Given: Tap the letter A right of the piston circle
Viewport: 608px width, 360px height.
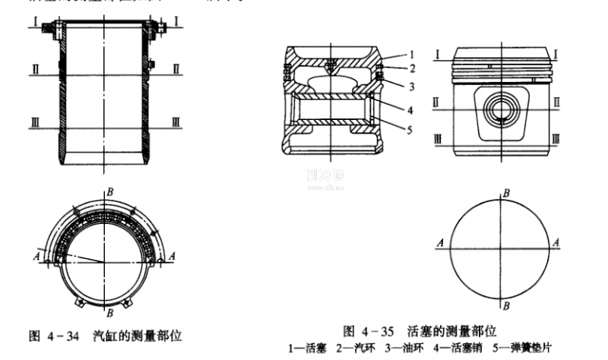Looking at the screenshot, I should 559,242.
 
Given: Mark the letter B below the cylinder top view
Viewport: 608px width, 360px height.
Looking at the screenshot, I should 111,312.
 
